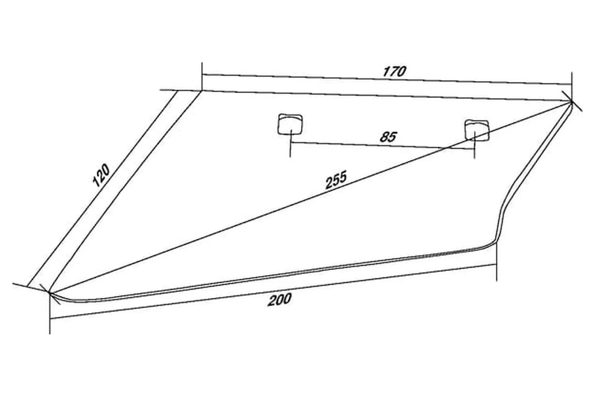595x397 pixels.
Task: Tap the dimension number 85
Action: tap(388, 137)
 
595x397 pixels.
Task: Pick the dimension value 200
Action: tap(280, 300)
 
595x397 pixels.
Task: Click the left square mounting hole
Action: tap(290, 124)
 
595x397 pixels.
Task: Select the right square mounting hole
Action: tap(477, 130)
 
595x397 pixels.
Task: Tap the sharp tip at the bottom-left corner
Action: tap(50, 292)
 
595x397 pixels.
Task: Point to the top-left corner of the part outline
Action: tap(202, 90)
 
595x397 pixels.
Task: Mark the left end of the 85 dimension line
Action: tap(290, 142)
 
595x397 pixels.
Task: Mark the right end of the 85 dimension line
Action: tap(475, 149)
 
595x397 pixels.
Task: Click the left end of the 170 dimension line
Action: tap(202, 74)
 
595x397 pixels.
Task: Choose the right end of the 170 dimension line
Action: tap(572, 84)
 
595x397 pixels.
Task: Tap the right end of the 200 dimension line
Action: tap(497, 264)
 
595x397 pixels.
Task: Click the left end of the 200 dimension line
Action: tap(50, 319)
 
